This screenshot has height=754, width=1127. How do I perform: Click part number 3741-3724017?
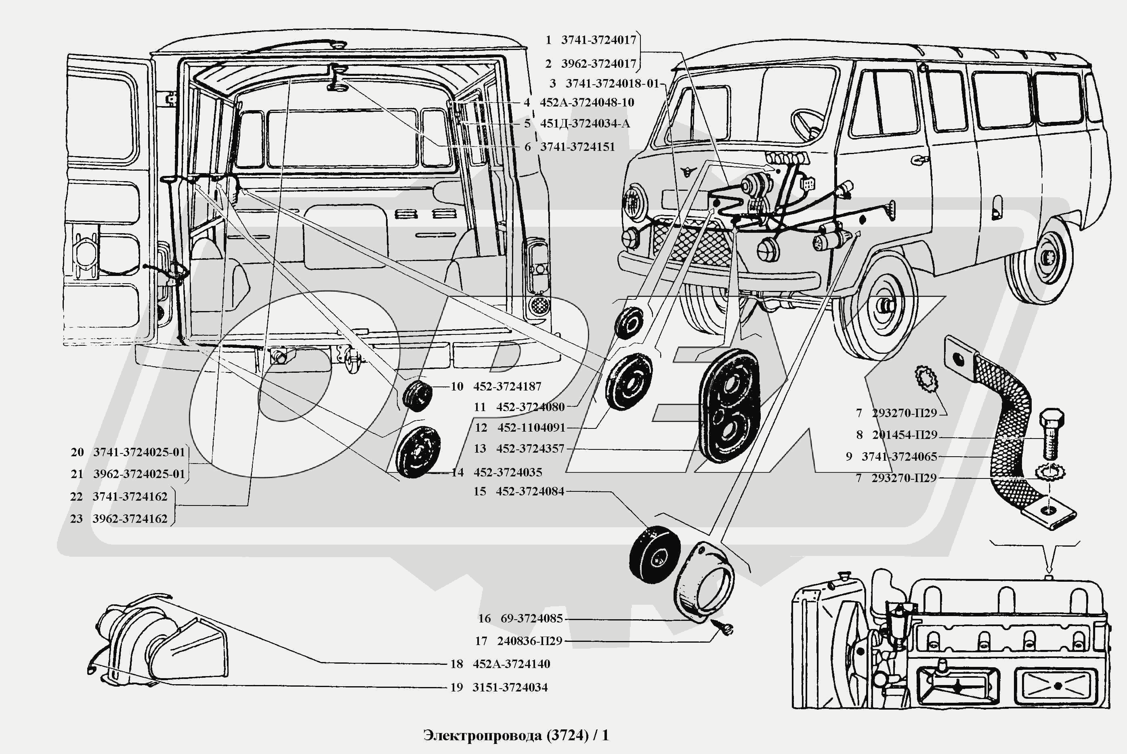pyautogui.click(x=598, y=40)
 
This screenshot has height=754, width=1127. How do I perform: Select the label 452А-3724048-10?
pyautogui.click(x=587, y=102)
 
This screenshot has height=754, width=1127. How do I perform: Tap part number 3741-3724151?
pyautogui.click(x=577, y=147)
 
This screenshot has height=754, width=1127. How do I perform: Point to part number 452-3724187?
pyautogui.click(x=507, y=386)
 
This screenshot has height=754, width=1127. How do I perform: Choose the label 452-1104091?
pyautogui.click(x=531, y=428)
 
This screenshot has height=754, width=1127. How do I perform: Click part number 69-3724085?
pyautogui.click(x=531, y=618)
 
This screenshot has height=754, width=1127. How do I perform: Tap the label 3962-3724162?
pyautogui.click(x=130, y=519)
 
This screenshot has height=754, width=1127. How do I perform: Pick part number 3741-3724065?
pyautogui.click(x=899, y=456)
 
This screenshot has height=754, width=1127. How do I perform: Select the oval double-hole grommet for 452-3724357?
pyautogui.click(x=728, y=405)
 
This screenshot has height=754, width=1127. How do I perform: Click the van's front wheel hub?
pyautogui.click(x=884, y=306)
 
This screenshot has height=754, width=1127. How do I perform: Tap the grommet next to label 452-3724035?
pyautogui.click(x=417, y=452)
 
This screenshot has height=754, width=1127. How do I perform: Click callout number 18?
pyautogui.click(x=456, y=664)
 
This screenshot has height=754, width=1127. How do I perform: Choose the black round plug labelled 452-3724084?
pyautogui.click(x=655, y=554)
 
